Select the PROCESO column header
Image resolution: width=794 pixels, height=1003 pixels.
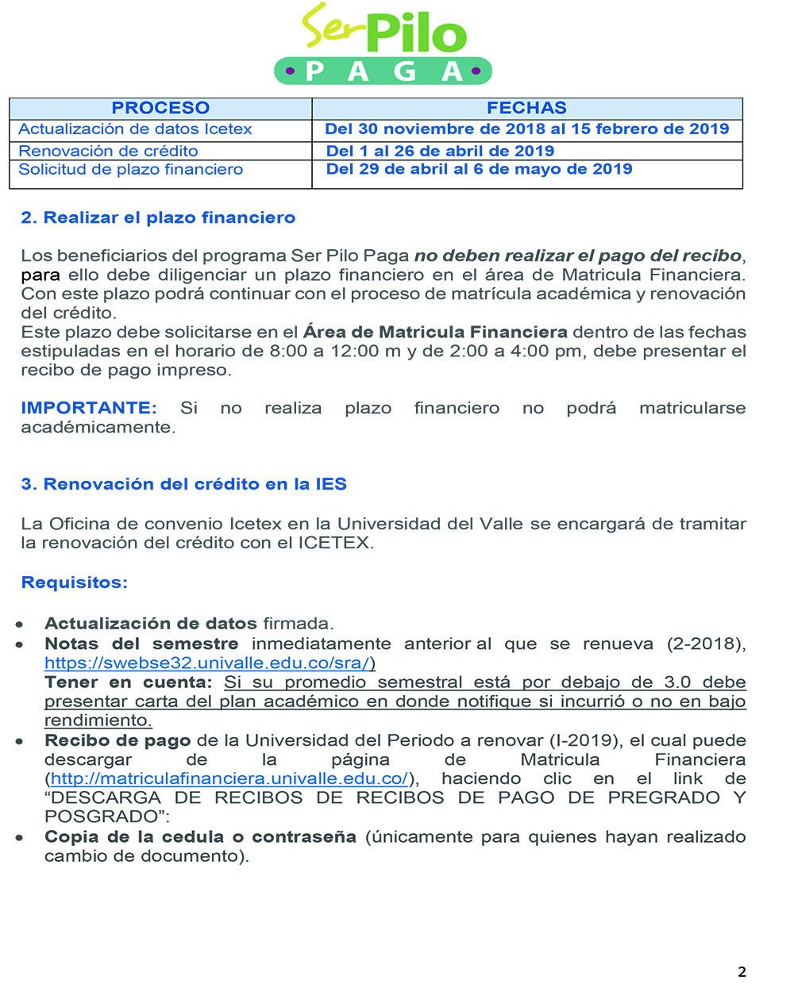(160, 108)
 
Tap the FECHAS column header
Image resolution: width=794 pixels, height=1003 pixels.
(526, 108)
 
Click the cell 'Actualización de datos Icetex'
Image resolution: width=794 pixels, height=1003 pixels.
(135, 129)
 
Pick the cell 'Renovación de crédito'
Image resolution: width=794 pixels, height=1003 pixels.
(108, 151)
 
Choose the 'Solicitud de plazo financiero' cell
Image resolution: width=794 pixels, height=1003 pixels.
(131, 169)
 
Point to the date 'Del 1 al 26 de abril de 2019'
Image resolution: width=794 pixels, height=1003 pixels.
(440, 151)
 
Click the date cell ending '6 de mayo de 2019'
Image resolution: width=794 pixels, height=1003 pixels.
(479, 169)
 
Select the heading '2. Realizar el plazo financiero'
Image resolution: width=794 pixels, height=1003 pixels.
(158, 217)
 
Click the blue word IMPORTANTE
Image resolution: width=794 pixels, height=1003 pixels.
(88, 408)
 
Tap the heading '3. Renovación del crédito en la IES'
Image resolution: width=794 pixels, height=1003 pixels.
(183, 484)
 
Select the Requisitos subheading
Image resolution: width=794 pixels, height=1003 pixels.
(74, 582)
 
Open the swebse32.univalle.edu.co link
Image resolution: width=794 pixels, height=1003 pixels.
(208, 663)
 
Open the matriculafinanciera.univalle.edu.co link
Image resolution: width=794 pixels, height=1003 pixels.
(229, 778)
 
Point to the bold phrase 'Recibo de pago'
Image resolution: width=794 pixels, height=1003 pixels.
(118, 740)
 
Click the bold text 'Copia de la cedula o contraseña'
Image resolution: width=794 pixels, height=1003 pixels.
(200, 837)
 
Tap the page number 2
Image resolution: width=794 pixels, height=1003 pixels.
(742, 972)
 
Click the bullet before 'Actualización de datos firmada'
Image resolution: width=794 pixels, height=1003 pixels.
(19, 624)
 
